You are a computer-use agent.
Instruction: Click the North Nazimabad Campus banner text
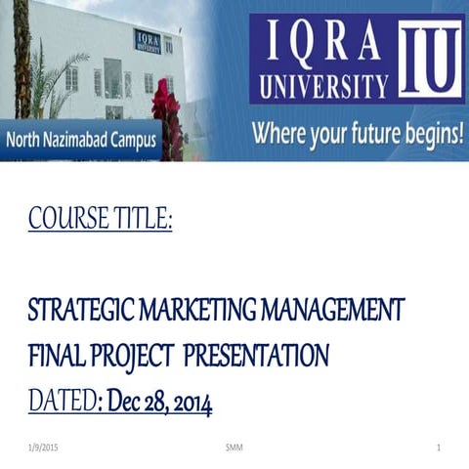80,140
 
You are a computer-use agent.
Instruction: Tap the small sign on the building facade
148,40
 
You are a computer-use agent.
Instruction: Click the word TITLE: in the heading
141,220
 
